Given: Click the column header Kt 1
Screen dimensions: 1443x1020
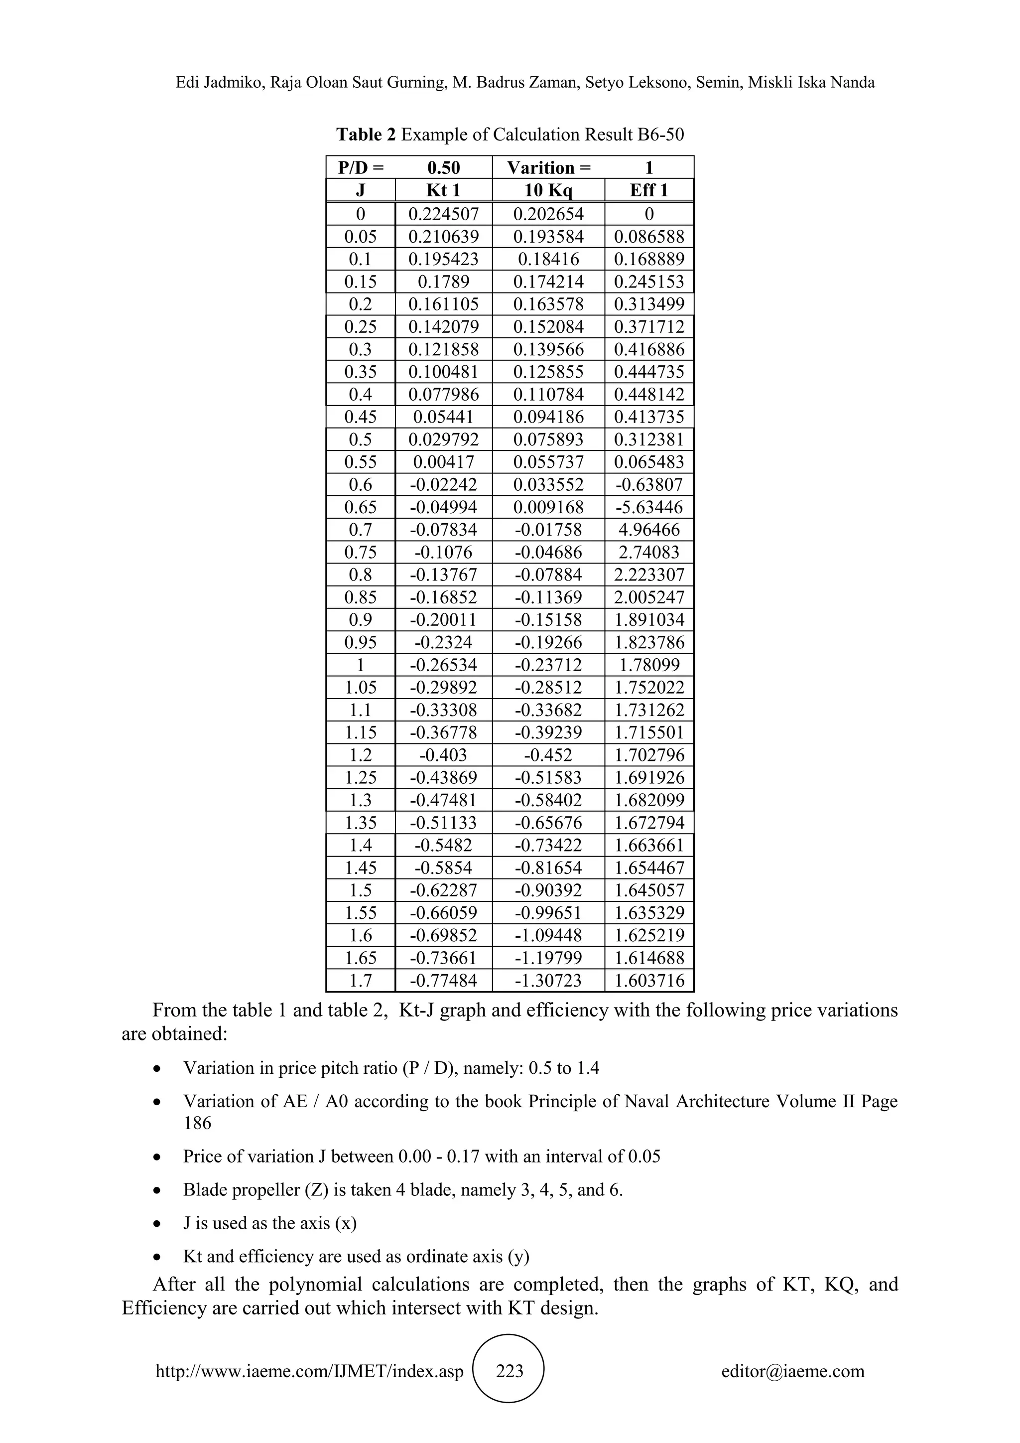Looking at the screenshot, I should [443, 190].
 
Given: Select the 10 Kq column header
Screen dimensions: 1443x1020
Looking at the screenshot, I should [548, 190].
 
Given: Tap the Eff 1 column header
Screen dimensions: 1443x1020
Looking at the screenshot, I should [649, 190].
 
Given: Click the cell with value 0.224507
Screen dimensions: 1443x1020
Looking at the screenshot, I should [443, 214].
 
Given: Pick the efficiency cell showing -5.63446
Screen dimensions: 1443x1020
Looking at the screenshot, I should [649, 507].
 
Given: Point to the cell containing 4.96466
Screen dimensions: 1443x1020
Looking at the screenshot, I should [649, 530].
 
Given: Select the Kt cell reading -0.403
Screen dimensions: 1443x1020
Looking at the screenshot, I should [443, 755].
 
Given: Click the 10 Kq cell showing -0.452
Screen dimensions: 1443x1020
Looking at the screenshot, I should [548, 755].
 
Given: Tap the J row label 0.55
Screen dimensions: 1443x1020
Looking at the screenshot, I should [361, 462].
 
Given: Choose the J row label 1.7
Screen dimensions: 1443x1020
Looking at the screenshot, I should [361, 981].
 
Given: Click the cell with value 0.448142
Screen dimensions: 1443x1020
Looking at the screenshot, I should [649, 395].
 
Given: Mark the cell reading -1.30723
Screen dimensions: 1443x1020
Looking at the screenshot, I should [548, 981].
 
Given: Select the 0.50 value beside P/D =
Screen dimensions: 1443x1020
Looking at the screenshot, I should [443, 168].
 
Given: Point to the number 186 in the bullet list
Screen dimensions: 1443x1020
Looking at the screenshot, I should [197, 1123].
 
